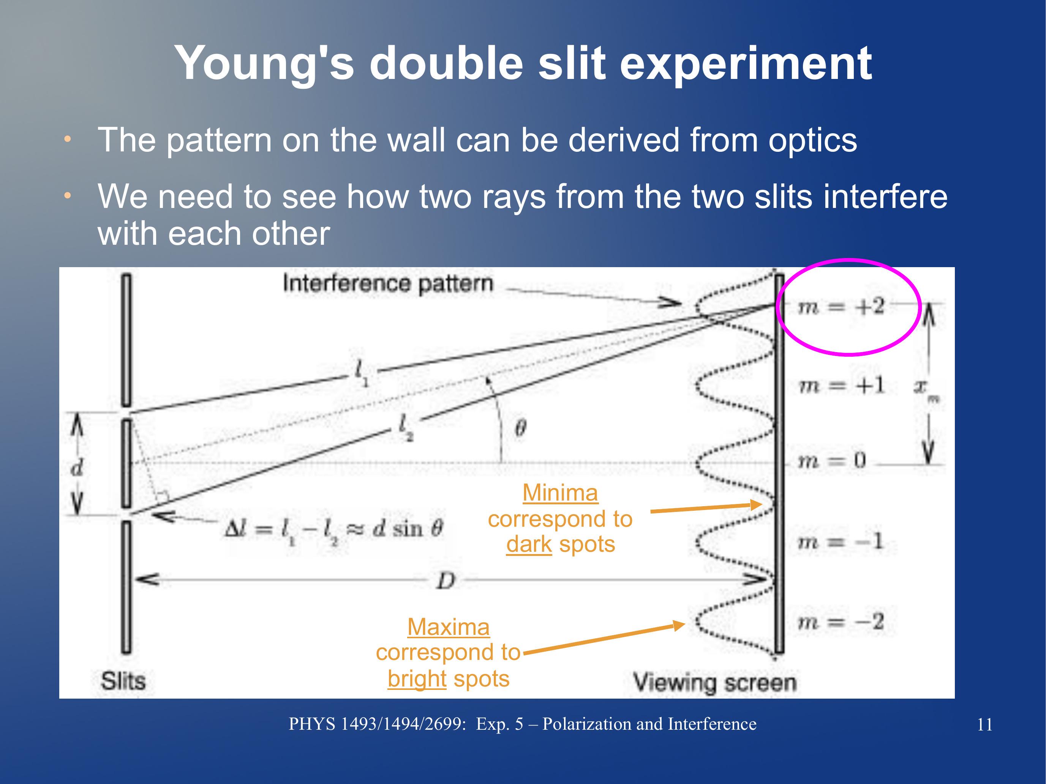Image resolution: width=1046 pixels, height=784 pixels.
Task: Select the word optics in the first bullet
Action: point(812,141)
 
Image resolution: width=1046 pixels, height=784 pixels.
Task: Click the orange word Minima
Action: point(560,493)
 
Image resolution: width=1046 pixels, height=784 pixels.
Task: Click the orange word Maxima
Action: point(448,627)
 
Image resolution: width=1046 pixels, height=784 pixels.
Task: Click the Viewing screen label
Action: point(715,683)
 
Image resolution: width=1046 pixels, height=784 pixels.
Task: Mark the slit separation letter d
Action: point(77,468)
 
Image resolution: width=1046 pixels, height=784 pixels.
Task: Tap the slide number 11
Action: point(985,724)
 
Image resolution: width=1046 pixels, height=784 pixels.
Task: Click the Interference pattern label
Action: point(388,284)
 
